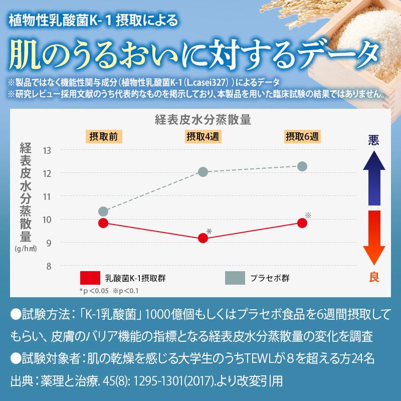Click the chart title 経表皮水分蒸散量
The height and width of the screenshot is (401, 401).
coord(202,120)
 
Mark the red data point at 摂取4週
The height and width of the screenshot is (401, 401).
coord(203,239)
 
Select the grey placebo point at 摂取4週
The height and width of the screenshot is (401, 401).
coord(203,172)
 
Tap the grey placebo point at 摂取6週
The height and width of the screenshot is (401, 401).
coord(302,166)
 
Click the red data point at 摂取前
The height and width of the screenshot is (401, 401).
coord(103,223)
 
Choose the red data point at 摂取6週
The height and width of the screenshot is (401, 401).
coord(302,223)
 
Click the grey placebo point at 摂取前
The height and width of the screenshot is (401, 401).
coord(103,212)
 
